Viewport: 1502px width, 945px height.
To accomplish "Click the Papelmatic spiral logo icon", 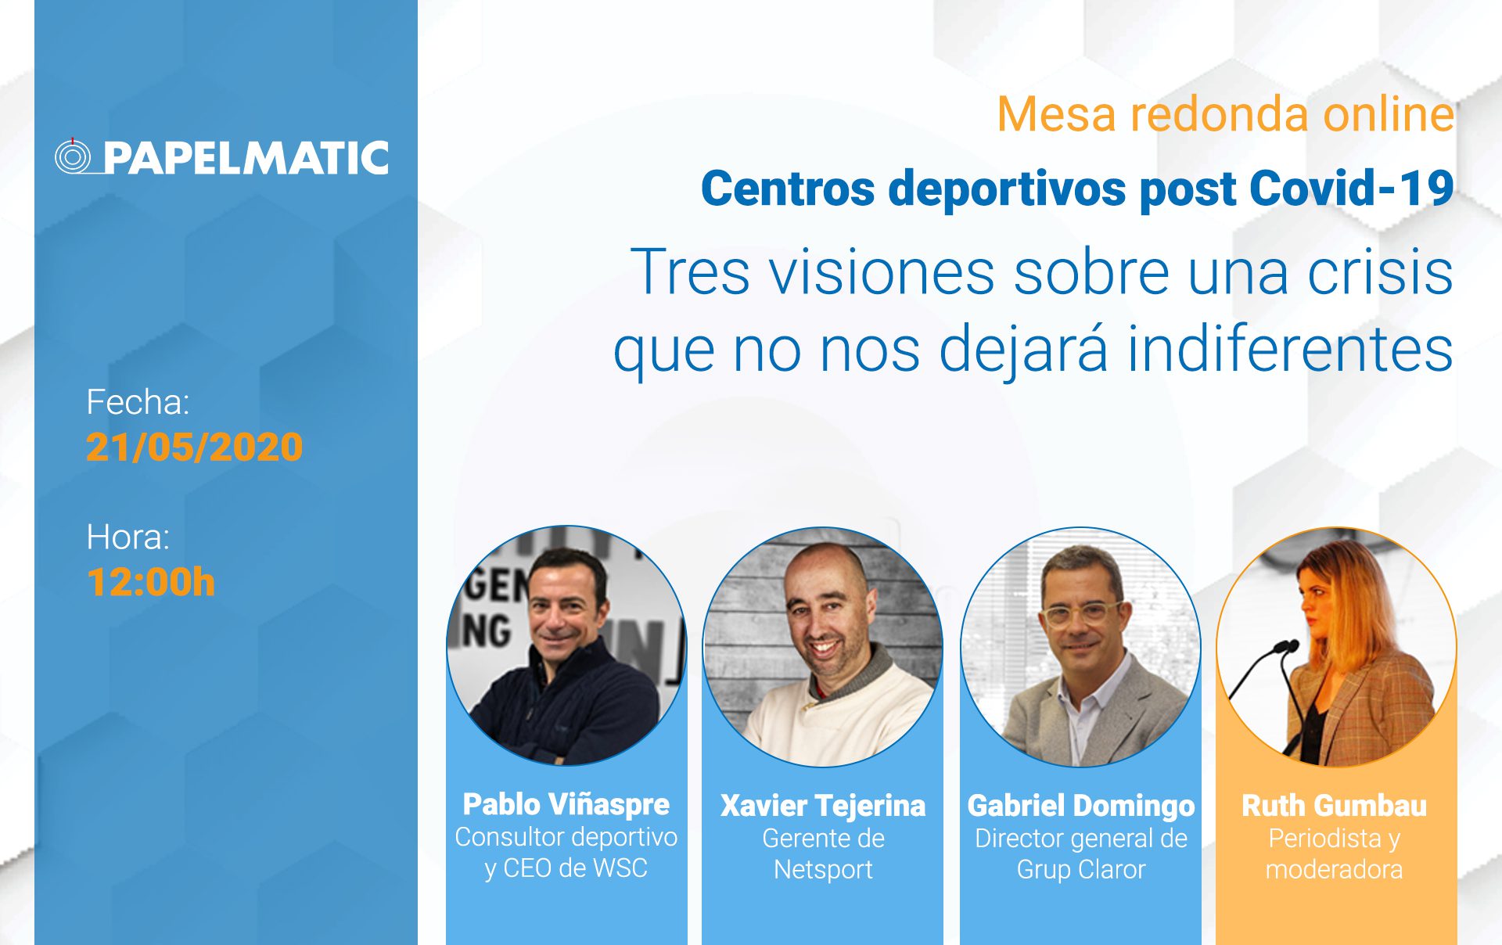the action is click(x=73, y=156).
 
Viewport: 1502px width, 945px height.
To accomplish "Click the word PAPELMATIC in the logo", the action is click(x=246, y=158).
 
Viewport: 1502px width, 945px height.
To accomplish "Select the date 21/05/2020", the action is click(x=194, y=447).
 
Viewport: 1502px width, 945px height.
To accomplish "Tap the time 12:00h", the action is click(x=150, y=583).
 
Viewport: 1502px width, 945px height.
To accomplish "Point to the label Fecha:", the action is click(x=138, y=402).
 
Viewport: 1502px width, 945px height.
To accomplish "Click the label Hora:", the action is click(x=128, y=537).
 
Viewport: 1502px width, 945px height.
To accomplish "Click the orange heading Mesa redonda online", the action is click(x=1226, y=114).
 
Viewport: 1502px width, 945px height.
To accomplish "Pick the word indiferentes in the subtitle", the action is click(x=1290, y=349).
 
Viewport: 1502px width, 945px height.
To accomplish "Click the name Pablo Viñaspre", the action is click(x=566, y=805).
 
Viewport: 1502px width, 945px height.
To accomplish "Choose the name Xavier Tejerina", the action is click(x=822, y=806).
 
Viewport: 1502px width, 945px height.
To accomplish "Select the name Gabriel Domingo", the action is click(x=1081, y=806).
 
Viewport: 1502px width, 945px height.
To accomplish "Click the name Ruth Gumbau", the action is click(x=1334, y=806).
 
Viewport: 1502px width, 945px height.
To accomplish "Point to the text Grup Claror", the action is click(x=1081, y=870).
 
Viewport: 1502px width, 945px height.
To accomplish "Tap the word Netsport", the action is click(x=823, y=870).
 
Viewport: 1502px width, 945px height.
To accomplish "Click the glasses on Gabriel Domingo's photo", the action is click(x=1081, y=612).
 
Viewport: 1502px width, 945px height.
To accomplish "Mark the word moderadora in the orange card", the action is click(x=1334, y=870).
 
